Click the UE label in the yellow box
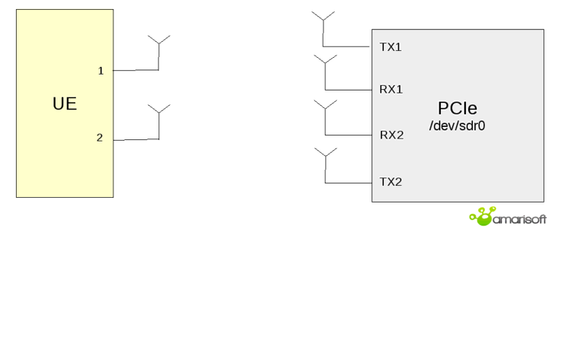(x=65, y=104)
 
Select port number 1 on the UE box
(x=100, y=71)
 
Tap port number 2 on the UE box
(x=100, y=138)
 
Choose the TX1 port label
(x=391, y=47)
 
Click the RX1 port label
(x=391, y=89)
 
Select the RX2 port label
(x=391, y=135)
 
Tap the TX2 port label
(x=391, y=182)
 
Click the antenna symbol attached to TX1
(x=323, y=18)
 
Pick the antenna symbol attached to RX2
(x=325, y=107)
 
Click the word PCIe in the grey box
(x=457, y=107)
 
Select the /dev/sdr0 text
(x=457, y=126)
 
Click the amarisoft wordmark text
(x=519, y=219)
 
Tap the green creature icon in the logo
(x=482, y=217)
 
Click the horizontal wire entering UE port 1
(x=136, y=70)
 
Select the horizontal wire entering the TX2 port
(x=348, y=183)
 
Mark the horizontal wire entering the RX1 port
(x=348, y=90)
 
